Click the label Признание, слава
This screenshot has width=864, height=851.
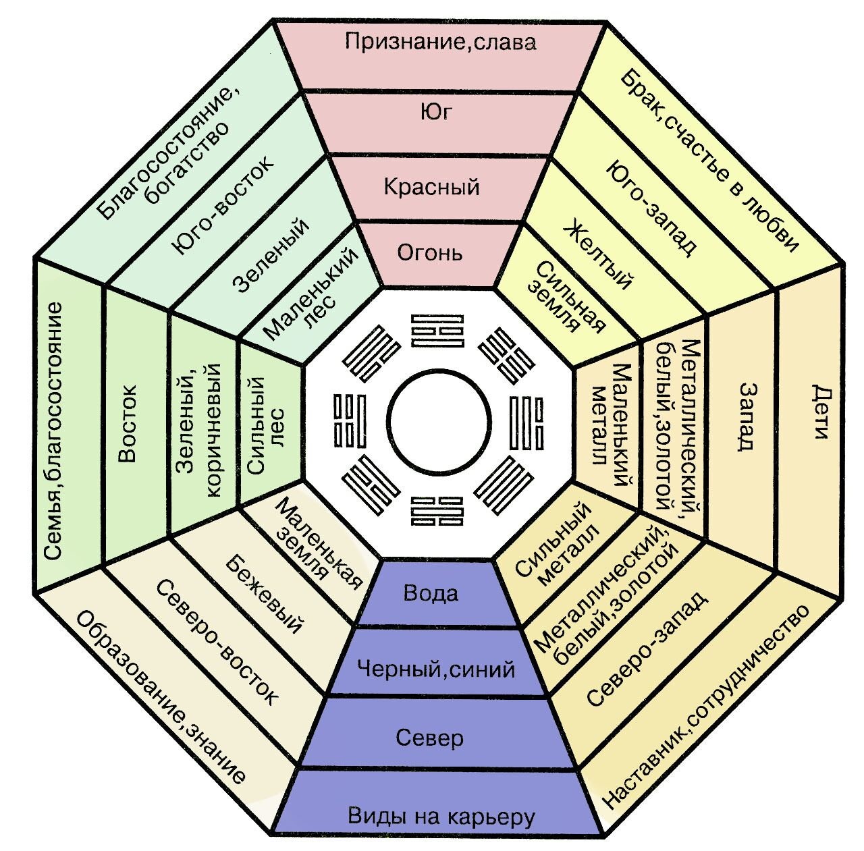440,42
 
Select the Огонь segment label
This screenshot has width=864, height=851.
430,253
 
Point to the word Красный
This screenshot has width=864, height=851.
431,186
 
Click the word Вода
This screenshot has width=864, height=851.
431,593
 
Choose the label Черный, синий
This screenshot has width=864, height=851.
435,669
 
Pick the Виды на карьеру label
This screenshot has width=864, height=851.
441,817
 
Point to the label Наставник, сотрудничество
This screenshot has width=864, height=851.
705,705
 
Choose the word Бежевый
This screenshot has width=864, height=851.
263,595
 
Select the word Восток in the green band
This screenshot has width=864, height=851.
127,423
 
